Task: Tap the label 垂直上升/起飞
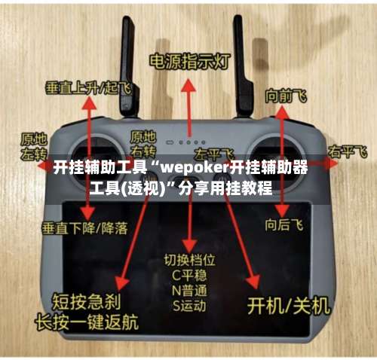[87, 87]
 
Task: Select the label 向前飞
[286, 96]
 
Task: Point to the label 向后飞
[284, 224]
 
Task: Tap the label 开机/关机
[290, 305]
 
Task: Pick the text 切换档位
[189, 261]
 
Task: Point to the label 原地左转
[33, 145]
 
